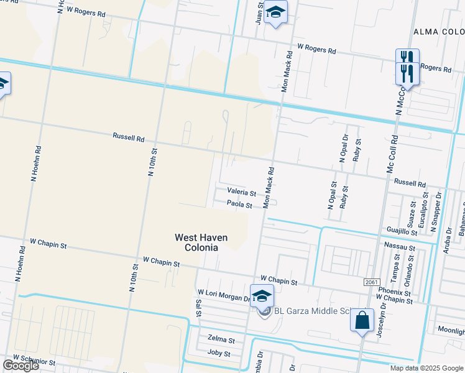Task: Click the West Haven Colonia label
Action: tap(201, 242)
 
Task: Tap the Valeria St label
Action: tap(242, 193)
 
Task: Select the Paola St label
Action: tap(239, 204)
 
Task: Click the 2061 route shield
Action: tap(371, 282)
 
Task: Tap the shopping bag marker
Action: tap(362, 321)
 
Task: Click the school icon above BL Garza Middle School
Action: tap(262, 296)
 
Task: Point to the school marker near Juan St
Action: tap(275, 13)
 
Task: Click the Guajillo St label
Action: tap(402, 231)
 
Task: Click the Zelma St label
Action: tap(221, 341)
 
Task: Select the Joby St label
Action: tap(219, 353)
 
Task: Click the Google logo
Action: tap(21, 366)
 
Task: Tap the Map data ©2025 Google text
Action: tap(426, 368)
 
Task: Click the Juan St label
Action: tap(259, 12)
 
